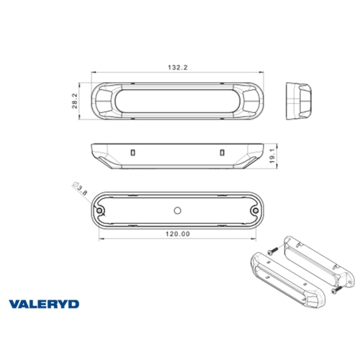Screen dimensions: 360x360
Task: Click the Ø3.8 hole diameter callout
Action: coord(81,189)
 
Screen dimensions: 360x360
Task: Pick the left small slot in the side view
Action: coord(134,151)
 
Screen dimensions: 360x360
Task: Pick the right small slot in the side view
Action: coord(222,151)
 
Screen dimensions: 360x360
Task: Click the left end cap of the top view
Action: coord(107,101)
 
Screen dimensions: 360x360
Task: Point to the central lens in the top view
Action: coord(178,101)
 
